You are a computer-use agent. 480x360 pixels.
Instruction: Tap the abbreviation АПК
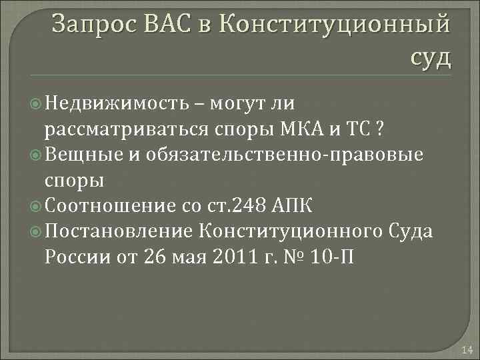point(301,206)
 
